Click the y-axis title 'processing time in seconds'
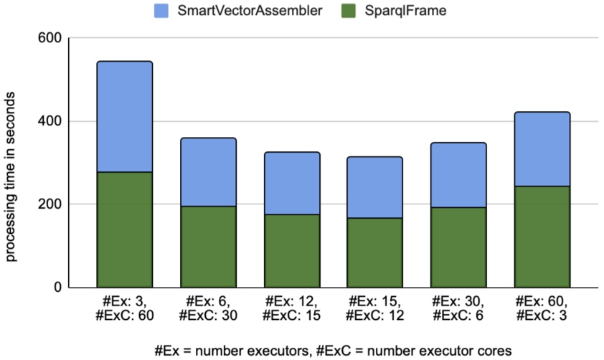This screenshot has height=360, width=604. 13,163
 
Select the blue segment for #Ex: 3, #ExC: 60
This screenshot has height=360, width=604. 125,117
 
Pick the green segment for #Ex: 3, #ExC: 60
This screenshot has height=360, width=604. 125,229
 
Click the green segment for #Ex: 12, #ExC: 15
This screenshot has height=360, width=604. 291,251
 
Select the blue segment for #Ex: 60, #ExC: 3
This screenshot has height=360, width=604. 542,149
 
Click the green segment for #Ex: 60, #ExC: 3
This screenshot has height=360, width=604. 542,237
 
